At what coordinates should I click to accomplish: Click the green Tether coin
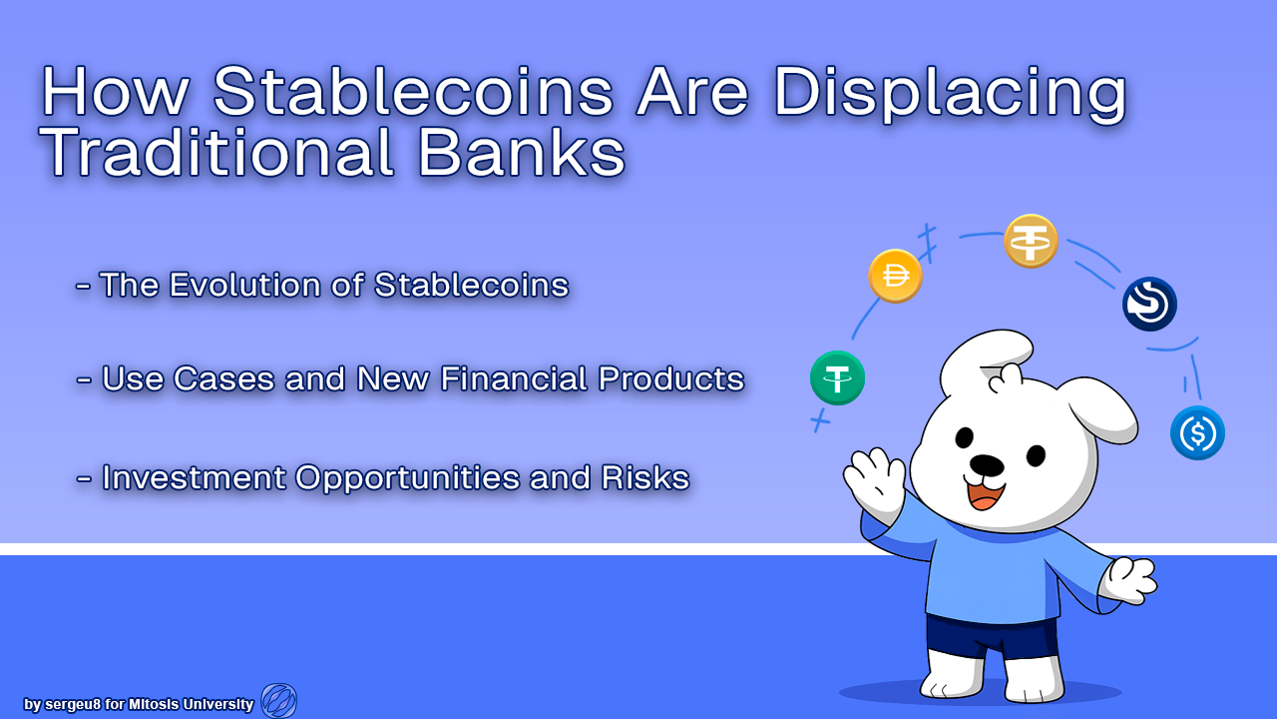pyautogui.click(x=837, y=377)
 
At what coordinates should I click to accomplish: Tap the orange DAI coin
pyautogui.click(x=895, y=277)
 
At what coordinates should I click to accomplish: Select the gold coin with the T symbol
pyautogui.click(x=1031, y=242)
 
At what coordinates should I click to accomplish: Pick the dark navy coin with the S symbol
pyautogui.click(x=1150, y=305)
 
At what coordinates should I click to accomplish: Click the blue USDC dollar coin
pyautogui.click(x=1198, y=433)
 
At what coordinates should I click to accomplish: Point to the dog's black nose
pyautogui.click(x=987, y=465)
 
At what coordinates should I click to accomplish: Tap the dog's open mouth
pyautogui.click(x=986, y=495)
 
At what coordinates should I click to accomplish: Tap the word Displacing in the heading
pyautogui.click(x=950, y=94)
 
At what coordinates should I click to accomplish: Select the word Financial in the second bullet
pyautogui.click(x=514, y=378)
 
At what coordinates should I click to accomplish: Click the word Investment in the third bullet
pyautogui.click(x=194, y=477)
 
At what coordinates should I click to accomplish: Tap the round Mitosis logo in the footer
pyautogui.click(x=278, y=701)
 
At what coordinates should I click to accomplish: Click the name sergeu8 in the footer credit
pyautogui.click(x=73, y=705)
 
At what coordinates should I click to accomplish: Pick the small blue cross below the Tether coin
pyautogui.click(x=820, y=421)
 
